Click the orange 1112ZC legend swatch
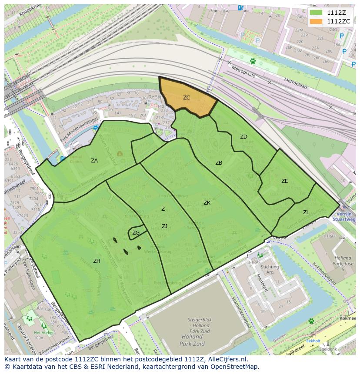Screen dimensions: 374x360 [x=316, y=21]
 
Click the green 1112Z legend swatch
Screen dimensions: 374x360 [x=316, y=13]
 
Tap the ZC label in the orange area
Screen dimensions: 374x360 [x=187, y=98]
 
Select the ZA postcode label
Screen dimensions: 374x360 [x=94, y=161]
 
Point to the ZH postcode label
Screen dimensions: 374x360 [x=97, y=261]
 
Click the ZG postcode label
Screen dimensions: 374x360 [x=136, y=233]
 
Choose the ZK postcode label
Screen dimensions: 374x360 [x=207, y=203]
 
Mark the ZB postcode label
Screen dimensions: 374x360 [x=219, y=163]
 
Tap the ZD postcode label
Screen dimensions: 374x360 [x=243, y=137]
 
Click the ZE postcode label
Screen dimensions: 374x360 [x=284, y=181]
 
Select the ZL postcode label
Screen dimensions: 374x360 [x=306, y=212]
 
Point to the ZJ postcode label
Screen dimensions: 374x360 [x=164, y=226]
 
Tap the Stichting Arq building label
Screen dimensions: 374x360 [x=270, y=270]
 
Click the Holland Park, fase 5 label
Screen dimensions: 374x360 [x=343, y=263]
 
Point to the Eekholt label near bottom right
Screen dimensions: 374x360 [x=313, y=341]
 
